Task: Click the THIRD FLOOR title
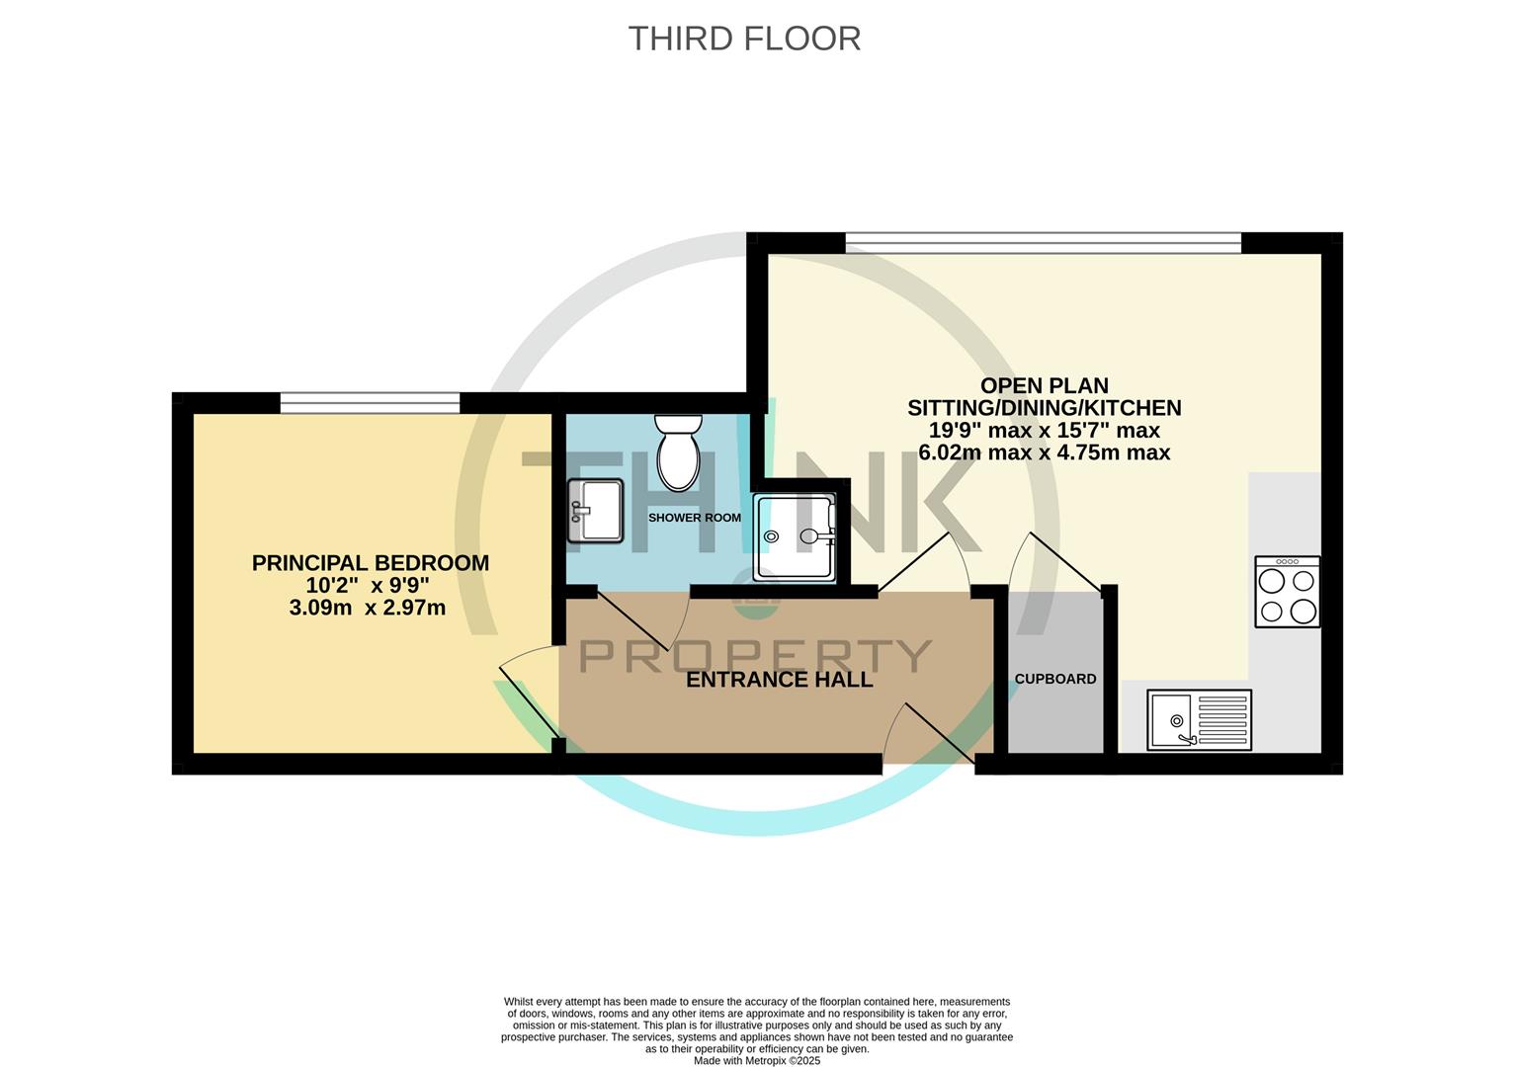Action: tap(744, 39)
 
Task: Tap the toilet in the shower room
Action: tap(678, 454)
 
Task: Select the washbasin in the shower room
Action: tap(595, 511)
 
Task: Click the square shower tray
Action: tap(794, 537)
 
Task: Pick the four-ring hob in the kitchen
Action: tap(1287, 592)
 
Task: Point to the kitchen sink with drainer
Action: tap(1199, 719)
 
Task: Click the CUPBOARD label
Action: tap(1055, 679)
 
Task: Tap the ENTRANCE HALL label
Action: tap(779, 680)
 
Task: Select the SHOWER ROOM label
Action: tap(694, 518)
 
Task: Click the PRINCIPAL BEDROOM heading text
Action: tap(370, 563)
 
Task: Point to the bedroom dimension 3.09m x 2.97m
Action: tap(367, 609)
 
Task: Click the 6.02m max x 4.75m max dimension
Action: tap(1044, 452)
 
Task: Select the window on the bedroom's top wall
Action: tap(370, 402)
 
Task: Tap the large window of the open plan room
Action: tap(1043, 242)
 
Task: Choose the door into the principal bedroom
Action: tap(529, 697)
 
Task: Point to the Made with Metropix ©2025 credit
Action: tap(757, 1060)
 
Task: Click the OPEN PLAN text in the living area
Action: tap(1044, 385)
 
